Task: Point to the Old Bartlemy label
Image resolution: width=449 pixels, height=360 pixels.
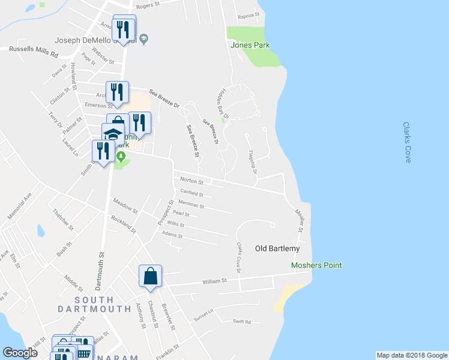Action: click(x=277, y=248)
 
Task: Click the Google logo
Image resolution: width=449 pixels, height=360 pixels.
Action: click(x=20, y=353)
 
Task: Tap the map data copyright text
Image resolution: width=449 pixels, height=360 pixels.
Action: click(x=411, y=355)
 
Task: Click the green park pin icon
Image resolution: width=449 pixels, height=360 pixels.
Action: click(x=121, y=157)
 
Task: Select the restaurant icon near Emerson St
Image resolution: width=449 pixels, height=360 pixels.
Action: click(x=118, y=92)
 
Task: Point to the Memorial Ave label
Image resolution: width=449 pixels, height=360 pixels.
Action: click(x=19, y=207)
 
